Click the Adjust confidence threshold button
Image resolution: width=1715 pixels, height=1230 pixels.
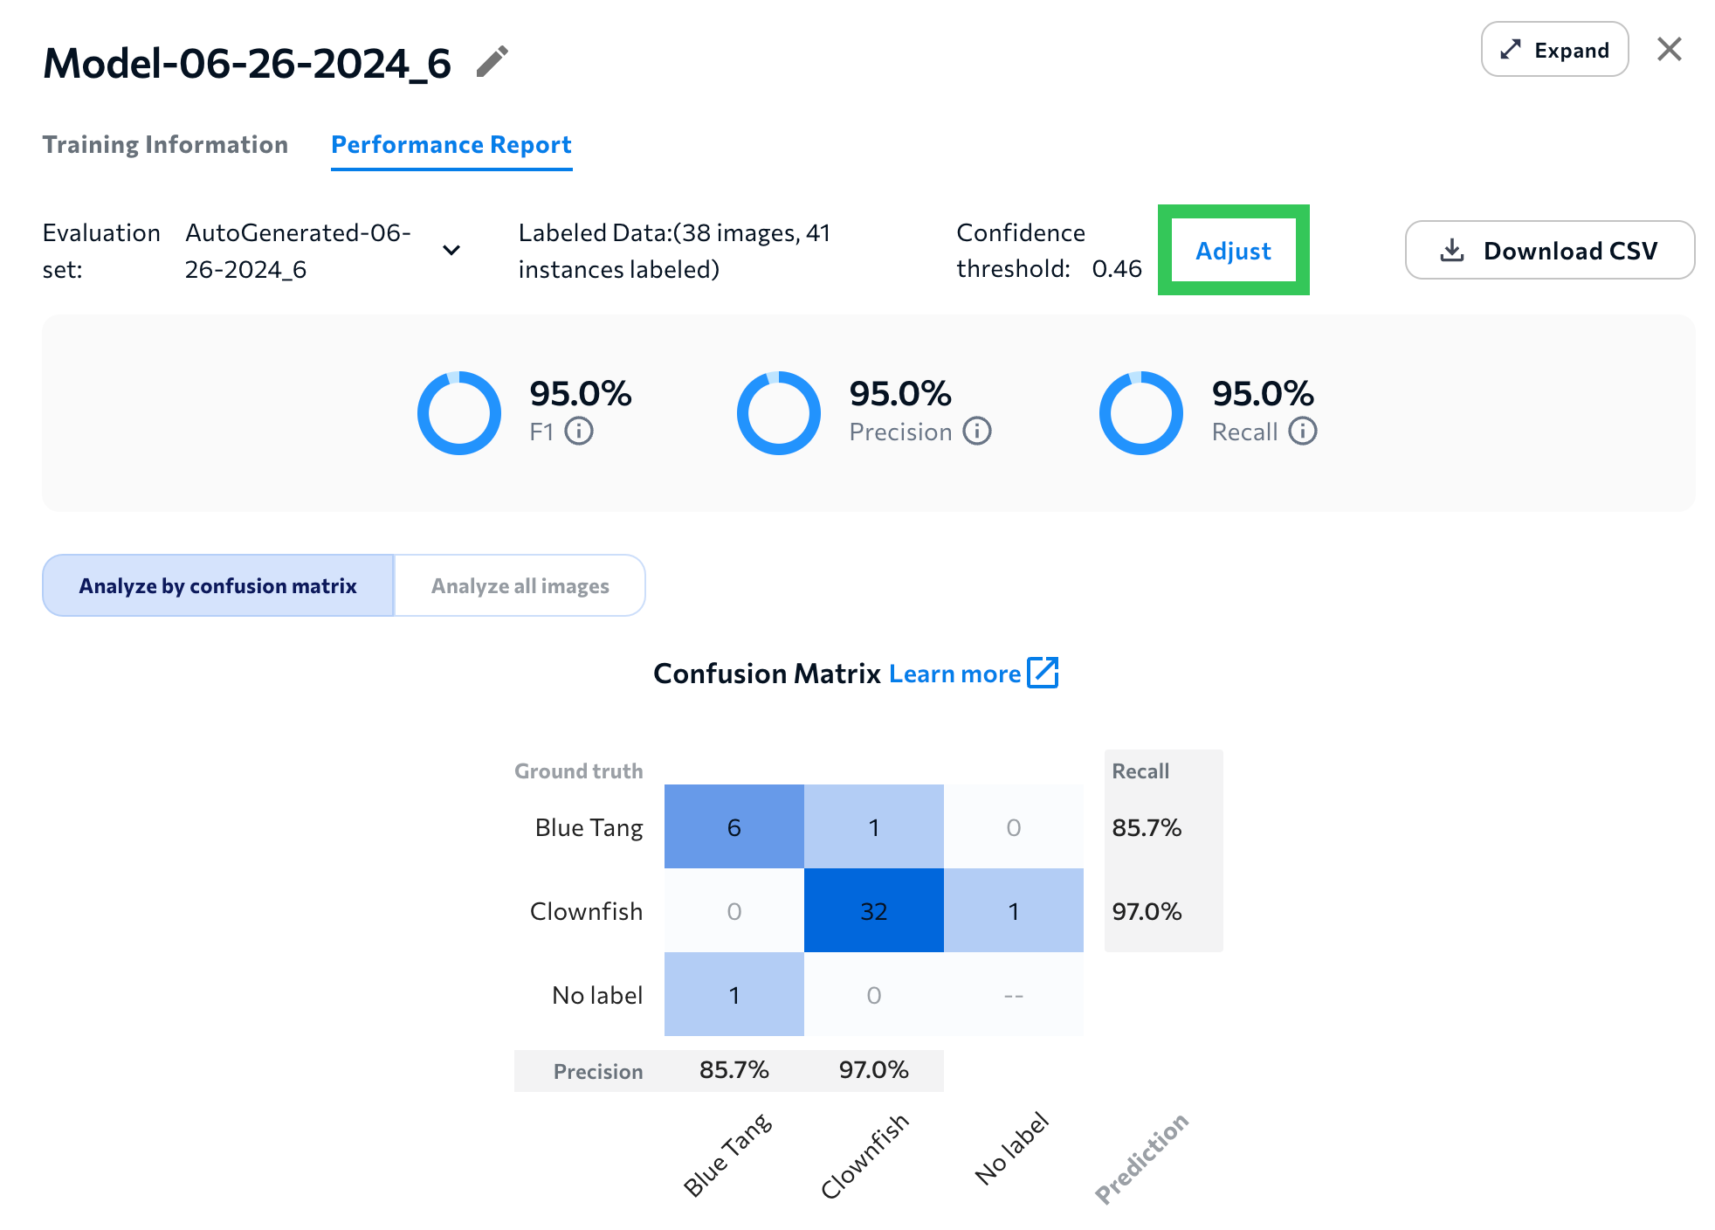1232,251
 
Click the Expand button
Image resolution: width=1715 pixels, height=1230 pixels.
1553,50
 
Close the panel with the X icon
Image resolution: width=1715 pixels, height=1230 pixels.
1669,50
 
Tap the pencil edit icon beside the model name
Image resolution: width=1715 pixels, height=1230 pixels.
492,62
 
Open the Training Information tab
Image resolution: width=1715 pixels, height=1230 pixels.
165,144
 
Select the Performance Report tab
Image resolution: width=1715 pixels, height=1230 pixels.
451,144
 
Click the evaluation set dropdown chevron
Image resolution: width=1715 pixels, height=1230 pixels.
451,251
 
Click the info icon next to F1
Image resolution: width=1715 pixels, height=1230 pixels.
578,432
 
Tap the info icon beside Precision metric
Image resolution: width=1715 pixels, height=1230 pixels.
976,432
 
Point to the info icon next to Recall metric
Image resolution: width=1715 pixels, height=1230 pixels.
1302,432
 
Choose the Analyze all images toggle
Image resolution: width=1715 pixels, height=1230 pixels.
520,586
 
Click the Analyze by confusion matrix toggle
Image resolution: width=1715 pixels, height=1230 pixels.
218,586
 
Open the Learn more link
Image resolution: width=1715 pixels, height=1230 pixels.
973,674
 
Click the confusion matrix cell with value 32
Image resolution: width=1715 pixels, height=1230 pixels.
873,911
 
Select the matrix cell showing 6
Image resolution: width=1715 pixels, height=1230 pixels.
734,827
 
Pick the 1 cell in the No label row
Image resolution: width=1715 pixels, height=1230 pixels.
734,995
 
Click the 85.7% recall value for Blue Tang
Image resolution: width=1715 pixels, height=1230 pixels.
1146,827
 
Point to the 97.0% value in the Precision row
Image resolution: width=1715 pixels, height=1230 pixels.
873,1070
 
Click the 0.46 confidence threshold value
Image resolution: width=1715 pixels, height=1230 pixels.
1116,269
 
